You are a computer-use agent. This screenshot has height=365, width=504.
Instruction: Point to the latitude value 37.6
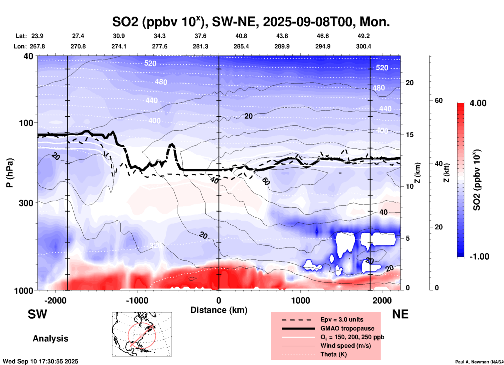[200, 36]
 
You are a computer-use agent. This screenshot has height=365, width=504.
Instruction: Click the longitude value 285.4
[241, 47]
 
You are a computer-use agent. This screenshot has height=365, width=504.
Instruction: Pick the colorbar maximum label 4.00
[478, 103]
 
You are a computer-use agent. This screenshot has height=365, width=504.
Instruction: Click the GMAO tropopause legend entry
[347, 328]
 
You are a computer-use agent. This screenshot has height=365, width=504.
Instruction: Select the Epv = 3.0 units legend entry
[342, 320]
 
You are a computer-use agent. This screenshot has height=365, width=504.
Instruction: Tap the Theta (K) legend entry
[333, 354]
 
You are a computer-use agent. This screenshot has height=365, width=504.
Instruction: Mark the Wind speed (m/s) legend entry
[345, 346]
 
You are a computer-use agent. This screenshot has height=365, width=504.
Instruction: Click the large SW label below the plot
[37, 314]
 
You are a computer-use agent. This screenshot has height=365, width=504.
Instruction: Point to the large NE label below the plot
[400, 314]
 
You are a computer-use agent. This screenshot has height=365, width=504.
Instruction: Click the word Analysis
[50, 339]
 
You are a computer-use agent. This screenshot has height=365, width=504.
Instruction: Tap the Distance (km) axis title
[219, 310]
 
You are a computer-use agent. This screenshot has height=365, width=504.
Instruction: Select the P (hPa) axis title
[10, 173]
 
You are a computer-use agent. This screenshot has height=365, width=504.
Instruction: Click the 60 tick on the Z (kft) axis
[439, 101]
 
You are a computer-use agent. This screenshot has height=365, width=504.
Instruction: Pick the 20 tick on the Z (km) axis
[410, 83]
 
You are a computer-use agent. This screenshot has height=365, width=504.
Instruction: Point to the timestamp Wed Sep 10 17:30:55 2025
[40, 361]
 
